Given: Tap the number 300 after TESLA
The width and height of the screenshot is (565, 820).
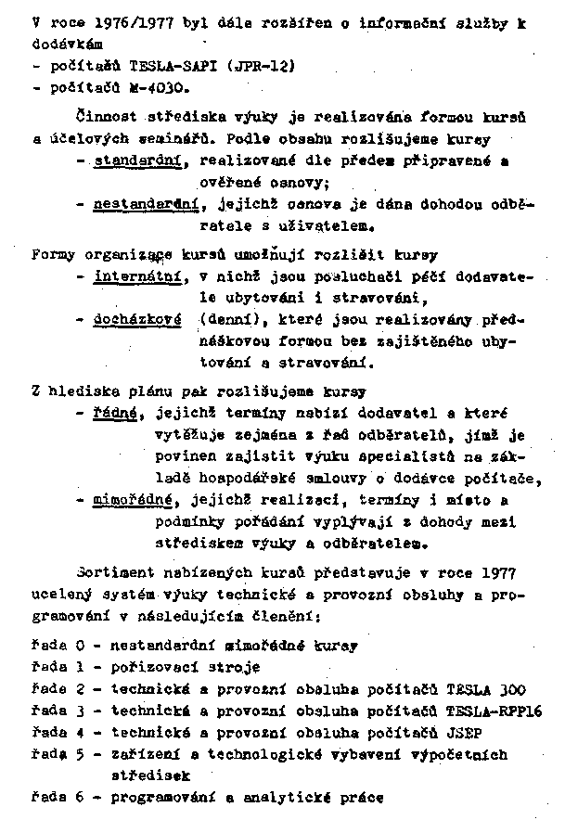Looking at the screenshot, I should click(x=510, y=689).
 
